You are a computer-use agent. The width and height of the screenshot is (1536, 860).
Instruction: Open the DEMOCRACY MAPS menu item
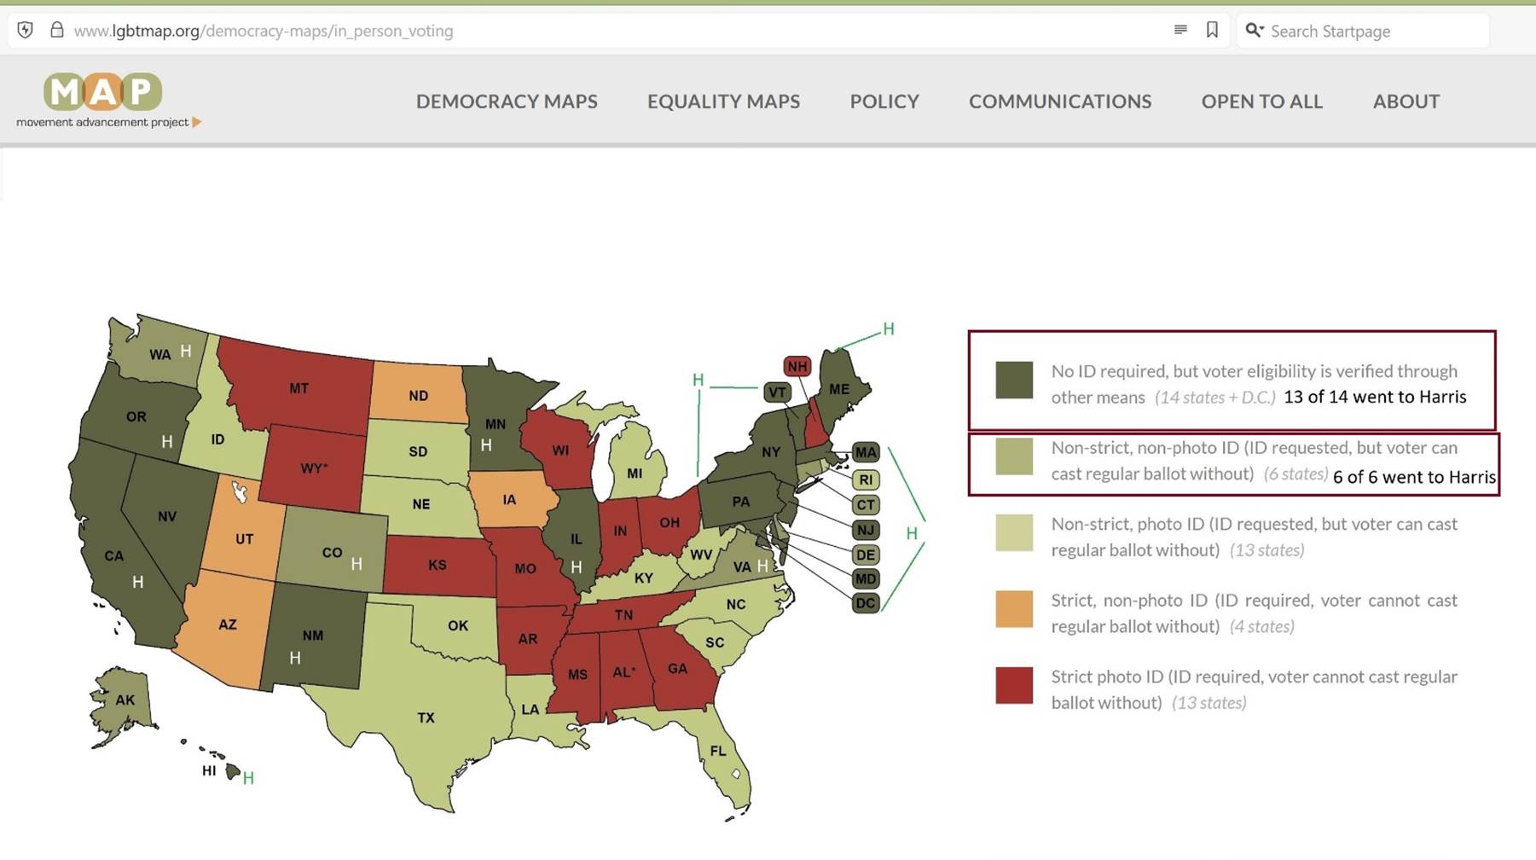pyautogui.click(x=507, y=102)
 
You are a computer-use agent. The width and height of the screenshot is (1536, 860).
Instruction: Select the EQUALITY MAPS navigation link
pyautogui.click(x=723, y=102)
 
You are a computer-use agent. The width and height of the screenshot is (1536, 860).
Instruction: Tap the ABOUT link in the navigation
pyautogui.click(x=1406, y=102)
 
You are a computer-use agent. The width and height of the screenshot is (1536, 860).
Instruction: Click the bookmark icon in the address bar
pyautogui.click(x=1212, y=31)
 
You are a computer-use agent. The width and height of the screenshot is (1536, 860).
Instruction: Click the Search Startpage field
pyautogui.click(x=1365, y=32)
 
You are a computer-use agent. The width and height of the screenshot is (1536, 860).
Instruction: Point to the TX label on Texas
pyautogui.click(x=426, y=718)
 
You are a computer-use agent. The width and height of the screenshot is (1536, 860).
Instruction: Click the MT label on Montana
pyautogui.click(x=299, y=389)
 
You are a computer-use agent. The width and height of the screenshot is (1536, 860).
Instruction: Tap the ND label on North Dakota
pyautogui.click(x=418, y=396)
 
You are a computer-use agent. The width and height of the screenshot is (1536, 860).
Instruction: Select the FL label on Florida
pyautogui.click(x=718, y=751)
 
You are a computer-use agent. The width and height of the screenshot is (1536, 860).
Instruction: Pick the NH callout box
pyautogui.click(x=797, y=367)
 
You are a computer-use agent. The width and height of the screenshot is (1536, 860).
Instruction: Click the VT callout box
pyautogui.click(x=776, y=392)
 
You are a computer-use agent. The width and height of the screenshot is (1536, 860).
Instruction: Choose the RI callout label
pyautogui.click(x=865, y=479)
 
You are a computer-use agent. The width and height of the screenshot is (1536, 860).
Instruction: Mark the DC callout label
pyautogui.click(x=865, y=603)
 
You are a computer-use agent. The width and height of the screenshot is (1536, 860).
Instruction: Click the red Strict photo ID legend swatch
pyautogui.click(x=1014, y=686)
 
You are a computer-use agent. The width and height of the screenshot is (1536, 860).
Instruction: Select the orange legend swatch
pyautogui.click(x=1014, y=609)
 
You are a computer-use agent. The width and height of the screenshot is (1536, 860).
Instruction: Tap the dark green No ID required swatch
pyautogui.click(x=1014, y=380)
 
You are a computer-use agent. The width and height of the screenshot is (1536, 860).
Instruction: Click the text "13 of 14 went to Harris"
pyautogui.click(x=1375, y=397)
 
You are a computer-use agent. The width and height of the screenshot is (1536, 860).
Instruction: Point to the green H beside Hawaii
pyautogui.click(x=248, y=778)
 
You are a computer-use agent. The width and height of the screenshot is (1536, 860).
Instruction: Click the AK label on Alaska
pyautogui.click(x=125, y=700)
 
